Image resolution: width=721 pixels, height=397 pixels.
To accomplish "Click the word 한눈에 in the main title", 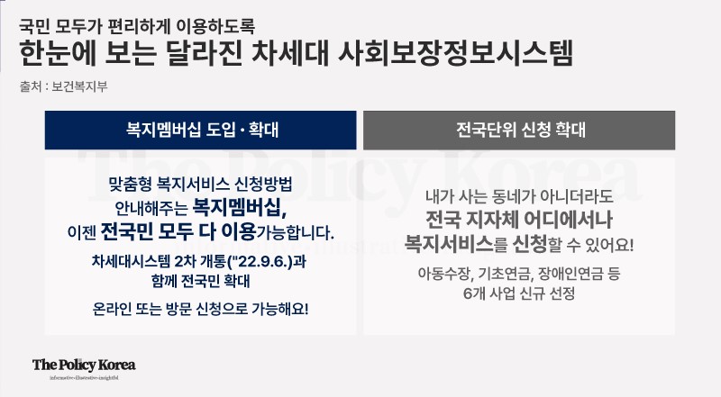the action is tap(58, 53).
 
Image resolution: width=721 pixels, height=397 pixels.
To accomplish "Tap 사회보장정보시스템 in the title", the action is tap(456, 53).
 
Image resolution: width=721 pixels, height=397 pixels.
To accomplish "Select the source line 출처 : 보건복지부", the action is tap(63, 86).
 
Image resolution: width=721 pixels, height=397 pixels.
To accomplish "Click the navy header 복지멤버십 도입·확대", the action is tap(200, 130).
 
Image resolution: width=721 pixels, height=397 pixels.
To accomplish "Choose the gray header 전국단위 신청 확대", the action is tap(519, 130).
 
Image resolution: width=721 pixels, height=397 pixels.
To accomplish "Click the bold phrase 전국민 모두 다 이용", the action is tap(178, 231).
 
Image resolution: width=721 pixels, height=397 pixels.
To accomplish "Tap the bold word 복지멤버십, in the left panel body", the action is tap(239, 208).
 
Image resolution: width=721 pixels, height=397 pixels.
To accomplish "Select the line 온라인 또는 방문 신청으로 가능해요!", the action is tap(200, 309).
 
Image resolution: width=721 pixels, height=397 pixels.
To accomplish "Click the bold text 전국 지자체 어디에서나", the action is tap(519, 220).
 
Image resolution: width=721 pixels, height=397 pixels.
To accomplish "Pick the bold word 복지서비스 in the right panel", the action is tap(449, 244).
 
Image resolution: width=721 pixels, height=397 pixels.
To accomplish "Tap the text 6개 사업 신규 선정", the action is tap(519, 293).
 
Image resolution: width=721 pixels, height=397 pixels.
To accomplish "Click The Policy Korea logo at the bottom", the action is tap(84, 367).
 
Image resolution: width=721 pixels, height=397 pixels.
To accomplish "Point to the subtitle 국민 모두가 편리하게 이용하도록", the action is tap(137, 26).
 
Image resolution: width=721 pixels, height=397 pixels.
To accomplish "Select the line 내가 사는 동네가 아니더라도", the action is tap(519, 196).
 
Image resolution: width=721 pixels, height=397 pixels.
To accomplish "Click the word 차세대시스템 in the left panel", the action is tap(131, 261).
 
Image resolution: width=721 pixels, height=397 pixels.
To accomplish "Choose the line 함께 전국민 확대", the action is tap(200, 281).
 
